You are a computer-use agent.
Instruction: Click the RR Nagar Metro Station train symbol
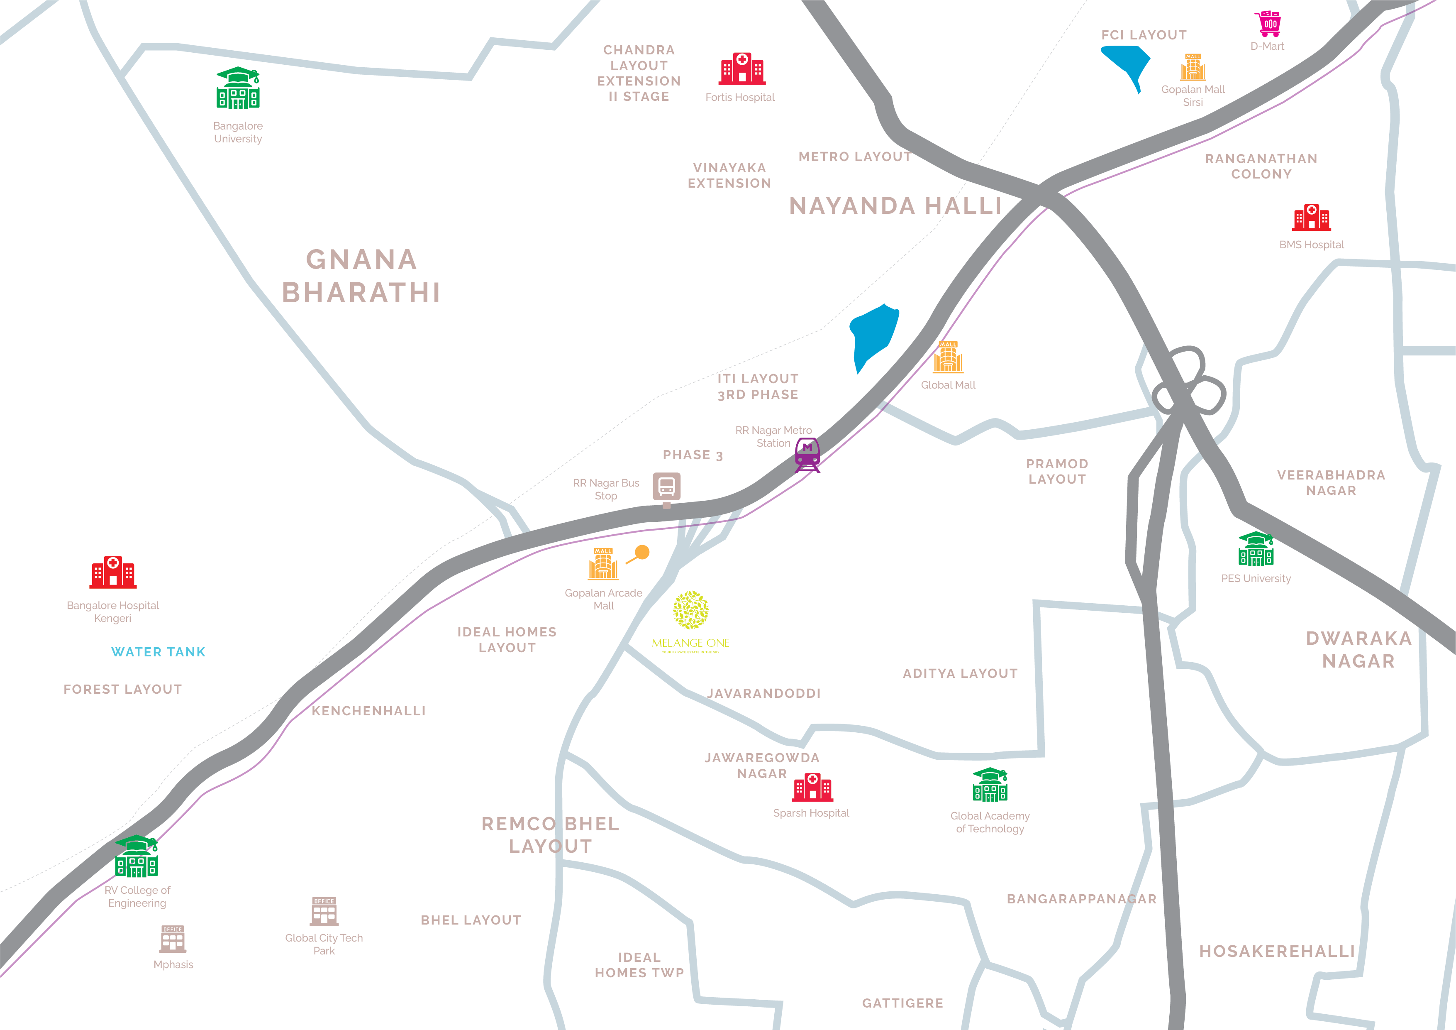[807, 455]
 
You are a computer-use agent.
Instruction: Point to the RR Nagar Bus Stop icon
[666, 488]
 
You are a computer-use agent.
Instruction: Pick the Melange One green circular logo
[690, 610]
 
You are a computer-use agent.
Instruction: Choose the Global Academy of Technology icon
[990, 785]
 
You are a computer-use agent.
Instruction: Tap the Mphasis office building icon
[173, 939]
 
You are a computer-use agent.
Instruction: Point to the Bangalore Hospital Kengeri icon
[113, 572]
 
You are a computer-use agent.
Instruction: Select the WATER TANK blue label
[159, 652]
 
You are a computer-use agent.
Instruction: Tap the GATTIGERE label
[902, 1003]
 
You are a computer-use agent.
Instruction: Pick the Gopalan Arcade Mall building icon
[603, 564]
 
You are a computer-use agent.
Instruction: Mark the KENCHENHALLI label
[368, 711]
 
